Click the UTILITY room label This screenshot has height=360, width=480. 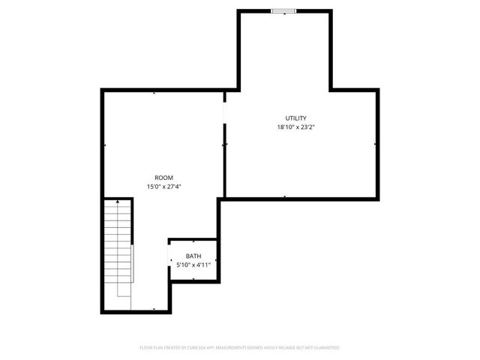click(x=295, y=118)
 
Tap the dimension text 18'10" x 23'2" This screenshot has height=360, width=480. click(x=295, y=127)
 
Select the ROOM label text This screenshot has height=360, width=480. click(x=163, y=178)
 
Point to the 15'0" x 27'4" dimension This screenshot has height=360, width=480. click(x=163, y=187)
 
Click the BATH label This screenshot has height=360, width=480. click(x=193, y=256)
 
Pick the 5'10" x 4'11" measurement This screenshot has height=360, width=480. click(x=193, y=265)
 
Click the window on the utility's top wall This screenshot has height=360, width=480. click(x=283, y=10)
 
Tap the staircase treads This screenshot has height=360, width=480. click(x=118, y=247)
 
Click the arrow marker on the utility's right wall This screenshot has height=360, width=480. click(x=374, y=143)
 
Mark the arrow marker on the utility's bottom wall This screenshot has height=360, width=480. click(x=285, y=196)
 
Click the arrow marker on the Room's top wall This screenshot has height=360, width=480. click(x=154, y=92)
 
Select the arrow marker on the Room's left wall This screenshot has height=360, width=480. click(x=104, y=145)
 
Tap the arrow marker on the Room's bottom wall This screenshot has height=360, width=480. click(x=154, y=309)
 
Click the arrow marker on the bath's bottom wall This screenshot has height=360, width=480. click(x=193, y=279)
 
